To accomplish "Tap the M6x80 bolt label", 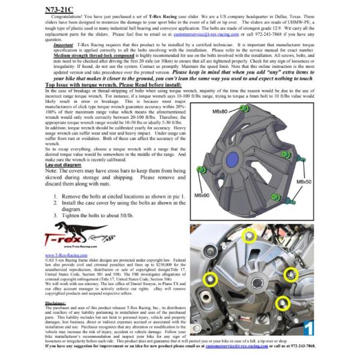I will pos(203,112).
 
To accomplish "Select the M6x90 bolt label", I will pos(202,196).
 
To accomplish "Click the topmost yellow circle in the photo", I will pos(249,237).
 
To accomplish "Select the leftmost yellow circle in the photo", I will pos(210,278).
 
